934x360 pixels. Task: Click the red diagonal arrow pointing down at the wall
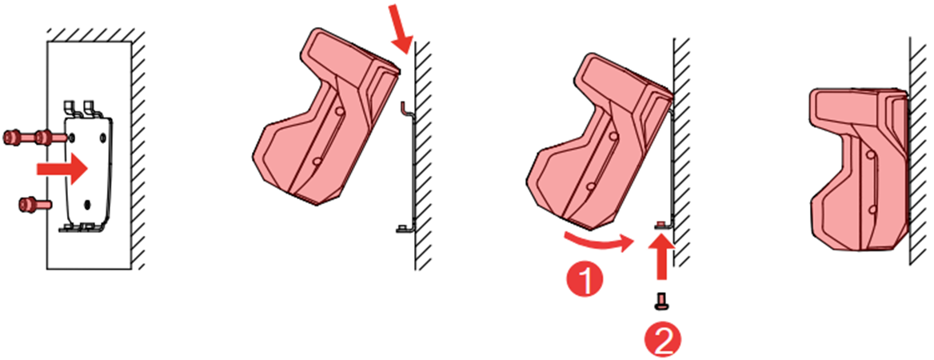pos(401,27)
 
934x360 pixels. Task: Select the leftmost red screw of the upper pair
pos(13,138)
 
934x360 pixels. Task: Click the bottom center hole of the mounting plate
pos(89,204)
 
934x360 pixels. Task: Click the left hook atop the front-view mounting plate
pos(70,109)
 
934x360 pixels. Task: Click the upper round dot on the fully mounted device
pos(871,155)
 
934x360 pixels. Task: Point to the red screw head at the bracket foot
pos(660,223)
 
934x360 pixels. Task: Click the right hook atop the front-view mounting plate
pos(90,109)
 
